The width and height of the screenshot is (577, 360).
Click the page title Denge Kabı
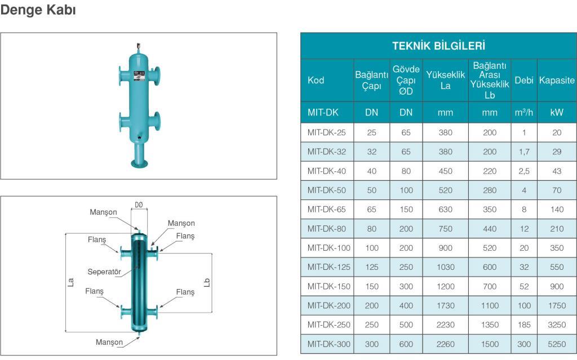pos(38,10)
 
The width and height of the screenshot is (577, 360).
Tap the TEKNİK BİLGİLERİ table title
pos(438,46)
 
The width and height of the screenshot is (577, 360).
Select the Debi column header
pos(523,80)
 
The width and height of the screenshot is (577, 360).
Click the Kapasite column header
pos(557,80)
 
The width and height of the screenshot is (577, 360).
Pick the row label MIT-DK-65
pos(326,210)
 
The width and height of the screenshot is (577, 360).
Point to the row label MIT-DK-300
pos(329,344)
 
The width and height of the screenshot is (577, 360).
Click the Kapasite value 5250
pos(556,344)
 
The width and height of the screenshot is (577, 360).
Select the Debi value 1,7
pos(524,152)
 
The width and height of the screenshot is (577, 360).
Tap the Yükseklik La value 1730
pos(445,305)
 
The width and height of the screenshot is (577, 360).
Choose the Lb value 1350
pos(490,325)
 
